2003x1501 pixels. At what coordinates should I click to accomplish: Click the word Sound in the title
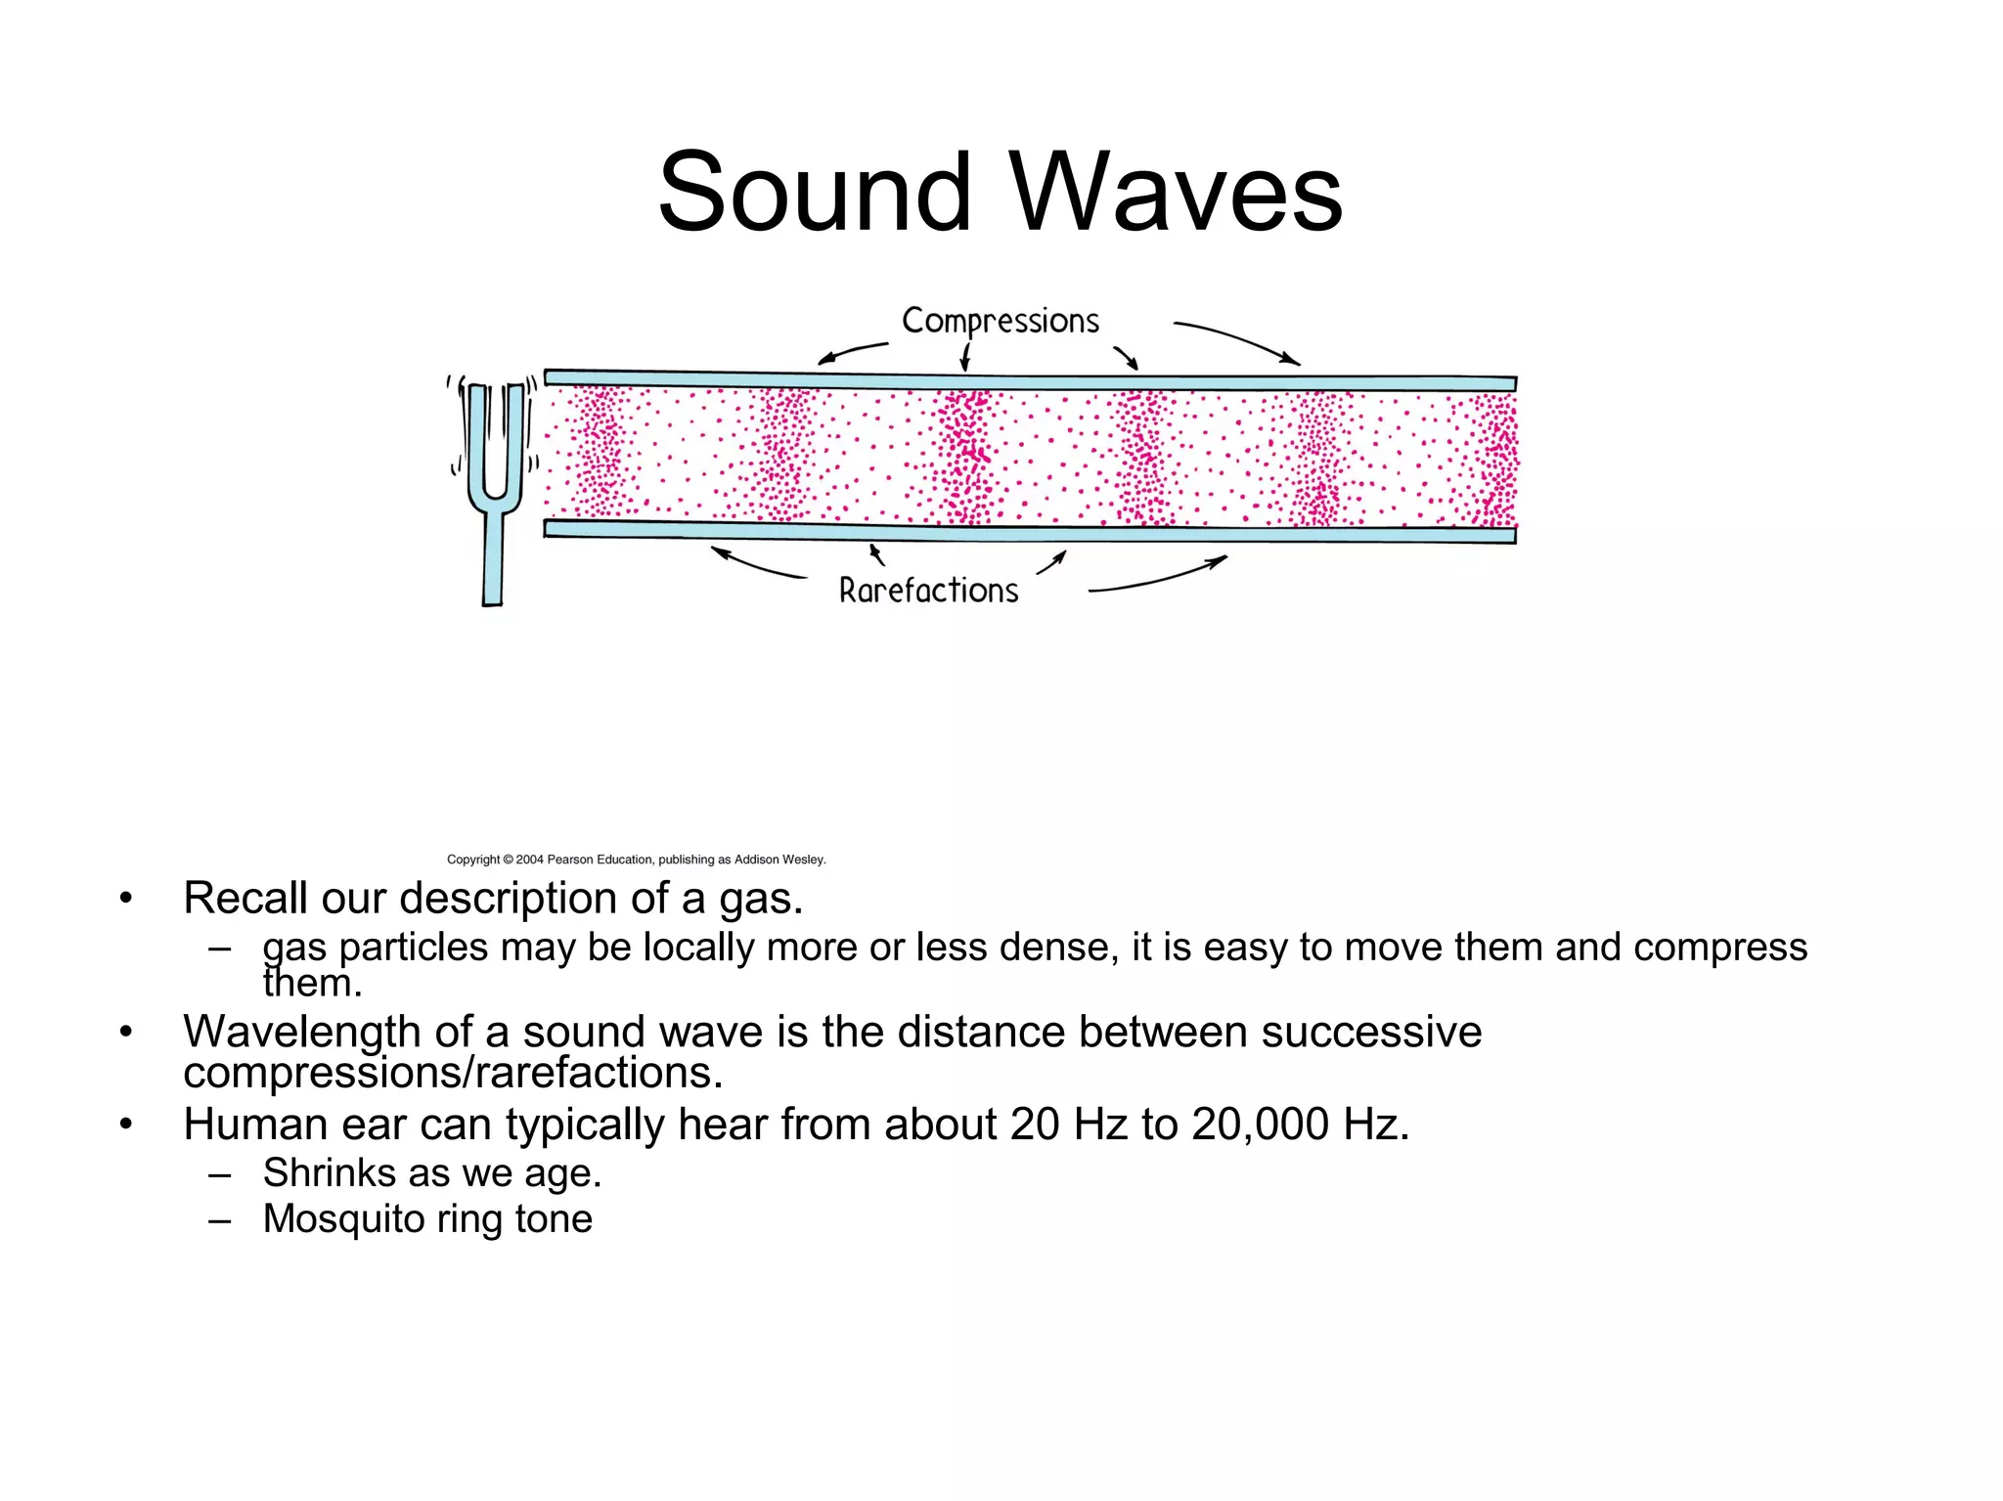[x=815, y=193]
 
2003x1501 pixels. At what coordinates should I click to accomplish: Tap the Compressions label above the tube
[x=1000, y=321]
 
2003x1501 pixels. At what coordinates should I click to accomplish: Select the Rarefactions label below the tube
[x=928, y=591]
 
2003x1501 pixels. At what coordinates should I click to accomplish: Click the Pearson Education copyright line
[x=636, y=860]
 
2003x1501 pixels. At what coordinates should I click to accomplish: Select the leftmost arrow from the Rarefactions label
[x=758, y=566]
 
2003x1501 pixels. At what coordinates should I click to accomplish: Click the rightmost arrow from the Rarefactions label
[x=1159, y=578]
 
